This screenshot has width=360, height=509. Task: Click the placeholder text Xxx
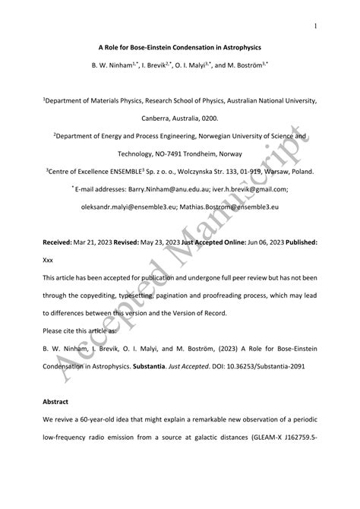pyautogui.click(x=50, y=258)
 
